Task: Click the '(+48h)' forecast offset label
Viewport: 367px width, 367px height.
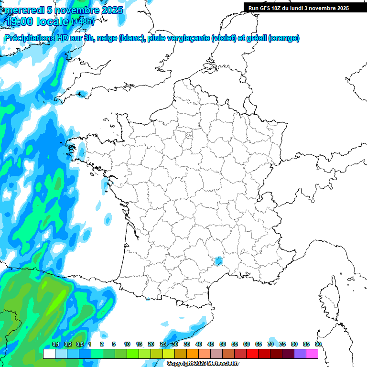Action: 83,22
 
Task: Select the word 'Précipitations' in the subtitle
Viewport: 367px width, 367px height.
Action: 31,38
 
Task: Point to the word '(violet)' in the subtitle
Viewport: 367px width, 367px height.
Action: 224,38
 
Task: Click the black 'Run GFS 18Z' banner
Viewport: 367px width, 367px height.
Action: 299,8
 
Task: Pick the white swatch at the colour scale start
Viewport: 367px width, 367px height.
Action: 49,354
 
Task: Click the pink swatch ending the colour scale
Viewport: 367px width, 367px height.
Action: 312,354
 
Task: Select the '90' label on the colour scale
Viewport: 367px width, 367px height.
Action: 318,344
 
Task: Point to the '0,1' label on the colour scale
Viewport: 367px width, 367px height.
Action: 56,344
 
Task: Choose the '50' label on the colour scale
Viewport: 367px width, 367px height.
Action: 223,344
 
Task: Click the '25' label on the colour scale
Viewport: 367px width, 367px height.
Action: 163,344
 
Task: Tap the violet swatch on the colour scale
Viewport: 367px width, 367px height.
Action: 300,354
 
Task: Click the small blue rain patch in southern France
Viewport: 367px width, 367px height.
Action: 218,261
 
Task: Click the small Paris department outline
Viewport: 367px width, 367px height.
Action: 189,136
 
